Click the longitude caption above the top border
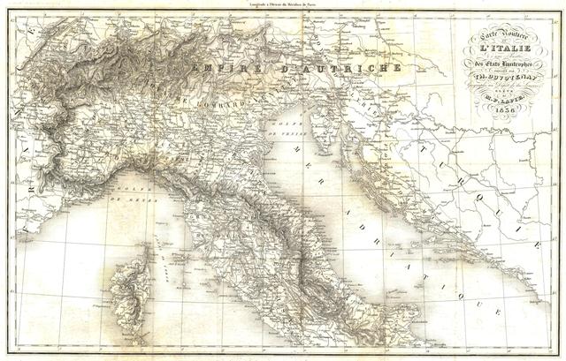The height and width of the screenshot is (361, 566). point(283,5)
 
